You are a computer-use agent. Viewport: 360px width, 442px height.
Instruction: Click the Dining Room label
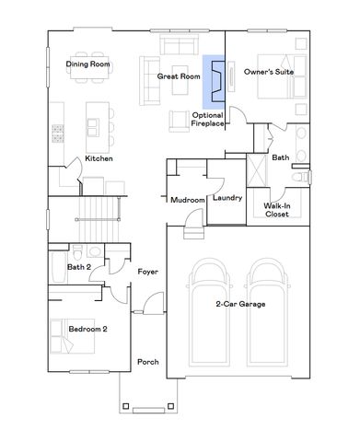(88, 64)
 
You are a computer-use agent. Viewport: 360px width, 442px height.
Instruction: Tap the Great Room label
(179, 76)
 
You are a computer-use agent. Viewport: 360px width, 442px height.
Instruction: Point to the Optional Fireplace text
(208, 119)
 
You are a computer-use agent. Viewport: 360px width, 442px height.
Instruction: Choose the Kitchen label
(99, 158)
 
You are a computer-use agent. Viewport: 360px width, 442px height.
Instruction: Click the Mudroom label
(187, 199)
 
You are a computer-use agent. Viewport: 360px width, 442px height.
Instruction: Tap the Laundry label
(226, 198)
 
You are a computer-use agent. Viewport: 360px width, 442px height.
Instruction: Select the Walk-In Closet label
(276, 210)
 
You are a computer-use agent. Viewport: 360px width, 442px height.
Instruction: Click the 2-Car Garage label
(240, 304)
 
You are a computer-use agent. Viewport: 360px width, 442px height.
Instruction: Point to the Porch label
(147, 362)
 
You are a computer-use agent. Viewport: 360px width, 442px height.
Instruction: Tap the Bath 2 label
(79, 267)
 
